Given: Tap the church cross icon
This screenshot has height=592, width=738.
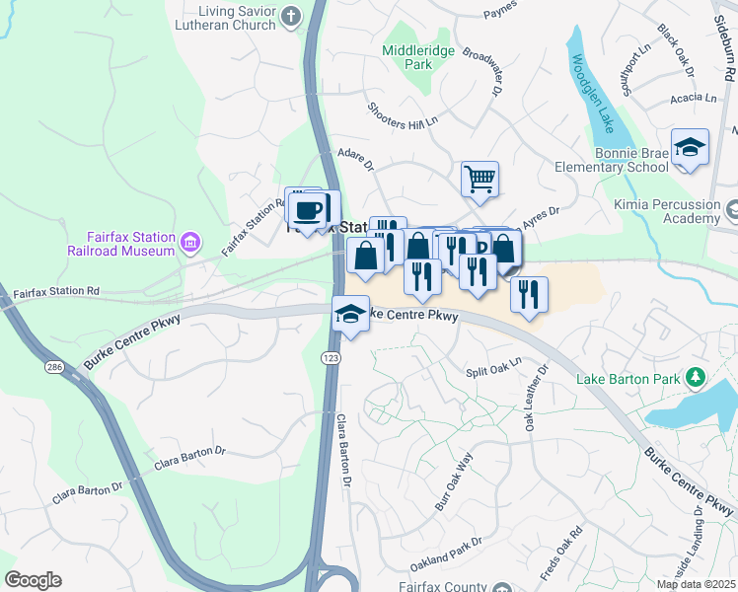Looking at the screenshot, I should click(x=290, y=15).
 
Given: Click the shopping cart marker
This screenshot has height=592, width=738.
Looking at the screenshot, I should click(x=480, y=179).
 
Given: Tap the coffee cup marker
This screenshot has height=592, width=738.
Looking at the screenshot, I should click(x=308, y=209).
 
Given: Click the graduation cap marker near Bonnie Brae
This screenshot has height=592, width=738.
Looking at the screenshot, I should click(x=690, y=148).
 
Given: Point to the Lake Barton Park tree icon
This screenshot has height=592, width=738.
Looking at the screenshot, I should click(x=696, y=377).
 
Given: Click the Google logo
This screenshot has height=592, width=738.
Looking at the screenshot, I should click(x=33, y=580).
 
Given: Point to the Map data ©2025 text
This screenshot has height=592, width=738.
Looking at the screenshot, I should click(x=695, y=584).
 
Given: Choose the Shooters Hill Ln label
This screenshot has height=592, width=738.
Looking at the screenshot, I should click(x=402, y=116).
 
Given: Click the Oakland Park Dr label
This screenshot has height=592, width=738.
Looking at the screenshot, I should click(x=447, y=555).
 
